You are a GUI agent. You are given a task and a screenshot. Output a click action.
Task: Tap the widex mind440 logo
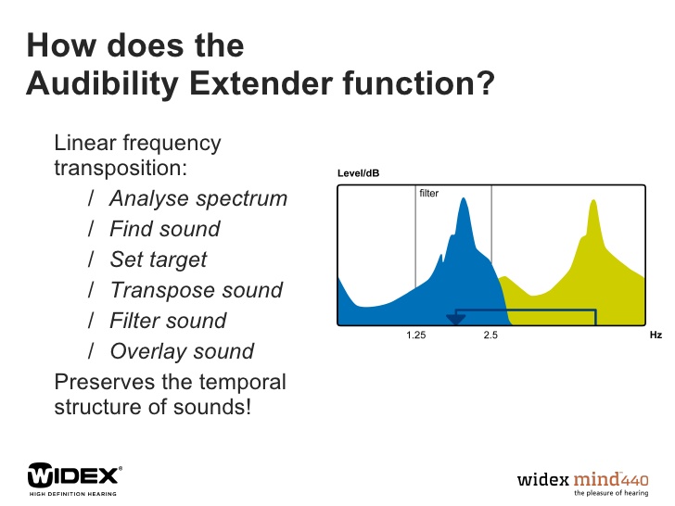(583, 484)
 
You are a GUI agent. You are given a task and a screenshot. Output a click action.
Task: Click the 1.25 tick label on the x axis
(415, 335)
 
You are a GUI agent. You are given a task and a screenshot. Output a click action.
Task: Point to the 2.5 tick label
(490, 335)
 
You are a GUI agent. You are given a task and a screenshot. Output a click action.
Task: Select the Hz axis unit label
(656, 335)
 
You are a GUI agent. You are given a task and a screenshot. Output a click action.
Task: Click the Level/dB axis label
(358, 173)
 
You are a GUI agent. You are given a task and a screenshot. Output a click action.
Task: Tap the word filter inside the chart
(428, 193)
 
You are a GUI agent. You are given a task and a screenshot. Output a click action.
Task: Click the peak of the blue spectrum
(464, 198)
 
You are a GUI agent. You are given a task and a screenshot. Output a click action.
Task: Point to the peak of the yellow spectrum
(593, 200)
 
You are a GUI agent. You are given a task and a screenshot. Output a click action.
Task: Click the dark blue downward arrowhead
(455, 319)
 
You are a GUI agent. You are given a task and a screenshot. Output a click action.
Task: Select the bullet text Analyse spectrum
(198, 198)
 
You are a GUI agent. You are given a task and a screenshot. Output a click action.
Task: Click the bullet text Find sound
(165, 229)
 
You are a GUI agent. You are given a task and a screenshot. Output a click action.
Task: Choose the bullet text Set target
(159, 259)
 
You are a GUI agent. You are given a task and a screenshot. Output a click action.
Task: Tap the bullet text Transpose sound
(197, 290)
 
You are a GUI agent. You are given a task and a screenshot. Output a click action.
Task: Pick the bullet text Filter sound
(168, 321)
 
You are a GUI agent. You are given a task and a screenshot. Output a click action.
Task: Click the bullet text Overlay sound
(182, 351)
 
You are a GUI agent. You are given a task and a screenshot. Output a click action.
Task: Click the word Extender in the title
(261, 83)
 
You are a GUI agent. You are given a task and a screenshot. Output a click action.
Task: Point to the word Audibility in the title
(103, 84)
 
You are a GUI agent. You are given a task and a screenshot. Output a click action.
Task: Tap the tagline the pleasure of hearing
(611, 493)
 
